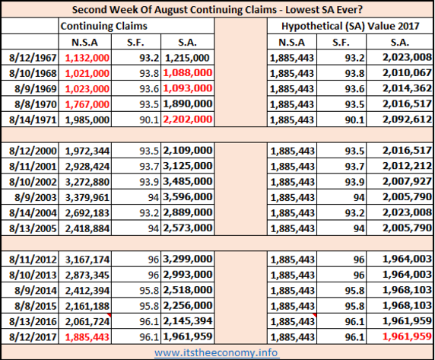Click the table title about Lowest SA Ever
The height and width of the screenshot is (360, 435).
[x=217, y=9]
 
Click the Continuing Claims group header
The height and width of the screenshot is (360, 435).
[x=103, y=26]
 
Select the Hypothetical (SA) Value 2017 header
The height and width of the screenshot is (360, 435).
[x=350, y=26]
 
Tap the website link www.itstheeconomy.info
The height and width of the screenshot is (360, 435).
[x=216, y=352]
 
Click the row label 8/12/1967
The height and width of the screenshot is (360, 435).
[x=33, y=58]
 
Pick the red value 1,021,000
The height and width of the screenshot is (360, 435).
[x=87, y=74]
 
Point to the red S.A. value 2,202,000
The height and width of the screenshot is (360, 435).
[x=188, y=119]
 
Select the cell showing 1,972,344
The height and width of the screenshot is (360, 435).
[x=87, y=151]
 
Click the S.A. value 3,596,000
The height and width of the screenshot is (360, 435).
[x=188, y=197]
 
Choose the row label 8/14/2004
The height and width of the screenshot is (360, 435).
[x=33, y=213]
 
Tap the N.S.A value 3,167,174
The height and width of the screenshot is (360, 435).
[x=87, y=260]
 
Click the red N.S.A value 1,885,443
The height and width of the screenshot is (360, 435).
[x=87, y=337]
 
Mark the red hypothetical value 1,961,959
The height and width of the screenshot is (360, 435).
[x=407, y=336]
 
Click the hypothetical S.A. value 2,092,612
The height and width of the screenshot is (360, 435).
[x=407, y=119]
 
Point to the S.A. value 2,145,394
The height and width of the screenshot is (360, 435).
[x=188, y=321]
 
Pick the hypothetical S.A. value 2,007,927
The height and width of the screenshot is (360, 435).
[x=407, y=182]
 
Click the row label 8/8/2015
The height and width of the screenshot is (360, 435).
[x=36, y=306]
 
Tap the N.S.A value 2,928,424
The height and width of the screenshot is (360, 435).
[x=87, y=167]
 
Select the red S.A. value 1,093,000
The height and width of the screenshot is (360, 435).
[x=188, y=88]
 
